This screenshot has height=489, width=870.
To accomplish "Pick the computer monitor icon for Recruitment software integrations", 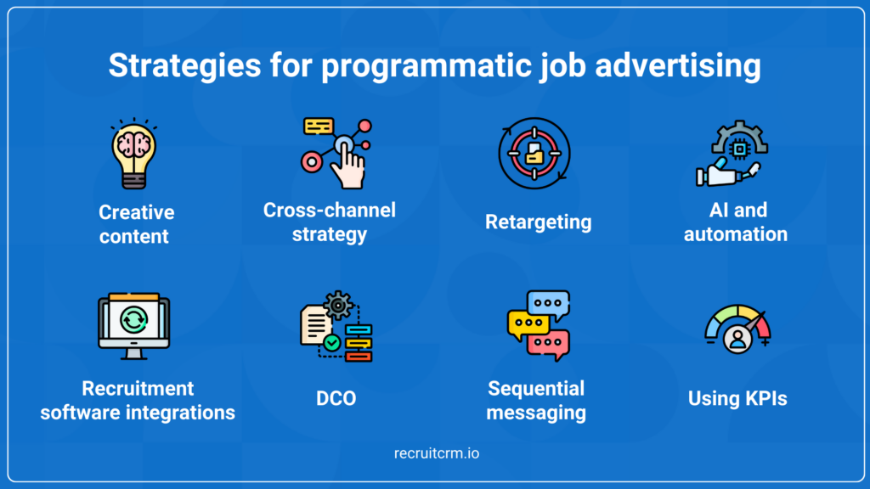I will [134, 326].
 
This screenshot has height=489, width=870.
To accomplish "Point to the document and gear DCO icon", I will [336, 327].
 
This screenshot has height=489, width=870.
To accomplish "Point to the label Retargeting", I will [538, 222].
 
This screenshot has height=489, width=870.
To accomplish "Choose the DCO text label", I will [336, 397].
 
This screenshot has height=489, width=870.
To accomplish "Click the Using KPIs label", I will [737, 397].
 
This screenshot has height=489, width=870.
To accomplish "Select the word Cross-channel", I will [330, 210].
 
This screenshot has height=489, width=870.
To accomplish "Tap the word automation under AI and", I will [736, 233].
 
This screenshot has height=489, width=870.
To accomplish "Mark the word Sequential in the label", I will [536, 389].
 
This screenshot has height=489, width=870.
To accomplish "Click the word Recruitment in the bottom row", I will [138, 389].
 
